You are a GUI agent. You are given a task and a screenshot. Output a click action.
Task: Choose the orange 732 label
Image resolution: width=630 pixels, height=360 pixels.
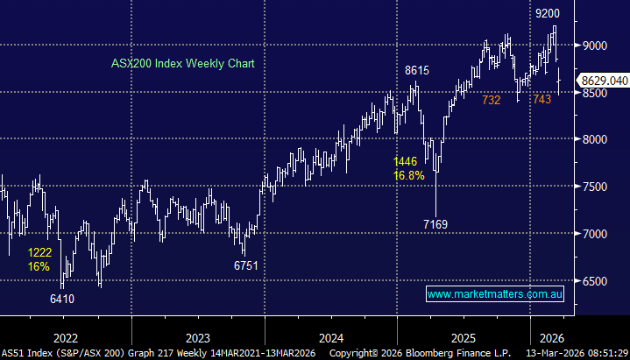click(x=491, y=101)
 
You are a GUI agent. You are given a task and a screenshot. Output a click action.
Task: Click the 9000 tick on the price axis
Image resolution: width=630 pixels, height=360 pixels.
click(x=595, y=45)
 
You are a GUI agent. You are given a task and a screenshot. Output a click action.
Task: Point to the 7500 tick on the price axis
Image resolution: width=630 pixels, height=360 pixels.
click(x=595, y=187)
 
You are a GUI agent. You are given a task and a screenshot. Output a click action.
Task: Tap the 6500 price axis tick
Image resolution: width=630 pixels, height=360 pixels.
click(x=595, y=281)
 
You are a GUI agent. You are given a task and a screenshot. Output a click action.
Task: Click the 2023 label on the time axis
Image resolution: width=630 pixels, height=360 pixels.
click(x=198, y=335)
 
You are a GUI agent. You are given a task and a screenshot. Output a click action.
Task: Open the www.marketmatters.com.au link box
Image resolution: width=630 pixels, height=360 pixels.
click(x=494, y=293)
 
